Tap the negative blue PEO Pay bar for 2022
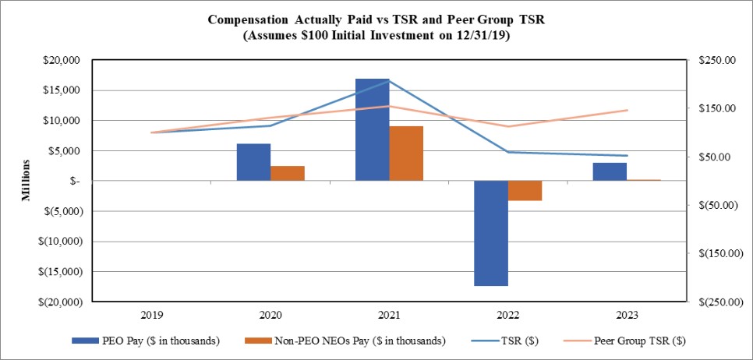[491, 233]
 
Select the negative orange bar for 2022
[525, 191]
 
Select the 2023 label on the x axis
[626, 316]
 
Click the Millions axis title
[26, 181]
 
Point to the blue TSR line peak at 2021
[389, 80]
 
